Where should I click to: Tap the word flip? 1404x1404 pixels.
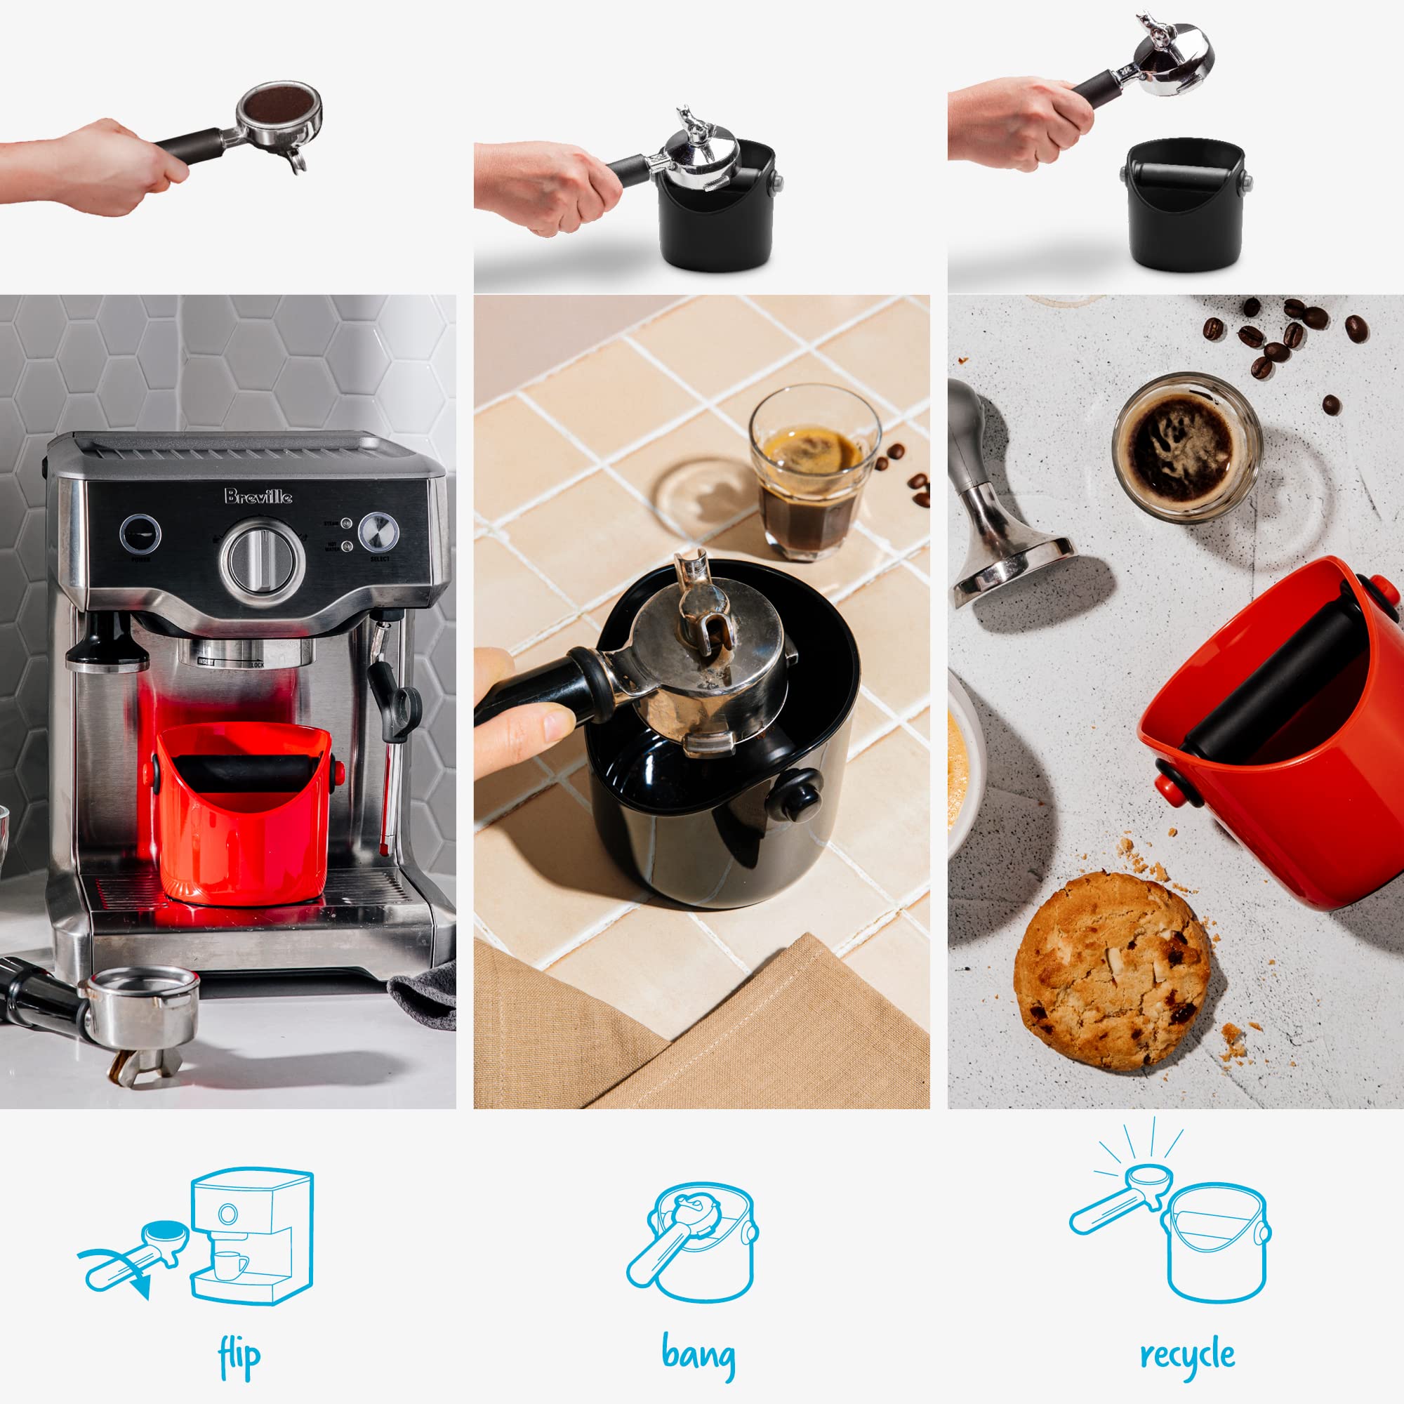coord(239,1356)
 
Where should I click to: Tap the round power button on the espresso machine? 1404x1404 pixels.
coord(140,535)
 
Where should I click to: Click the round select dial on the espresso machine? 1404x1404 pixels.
coord(378,532)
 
